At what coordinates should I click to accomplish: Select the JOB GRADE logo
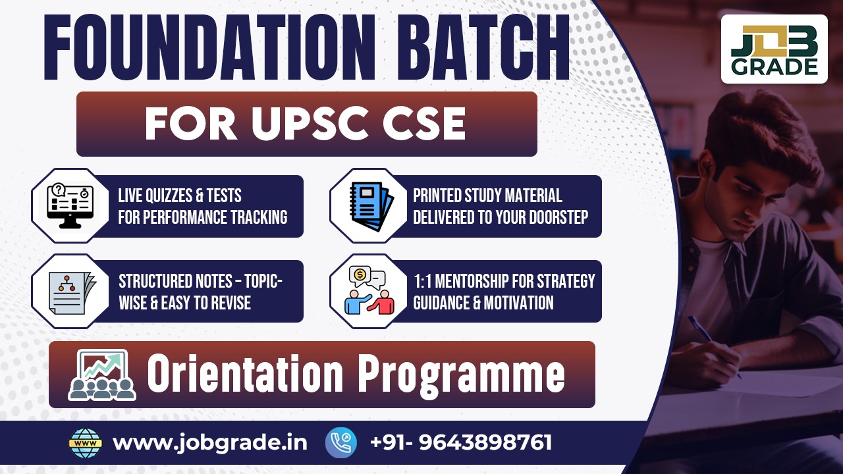pyautogui.click(x=774, y=49)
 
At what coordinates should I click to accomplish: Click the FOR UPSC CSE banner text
pyautogui.click(x=306, y=123)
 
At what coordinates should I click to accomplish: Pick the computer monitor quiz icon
pyautogui.click(x=70, y=205)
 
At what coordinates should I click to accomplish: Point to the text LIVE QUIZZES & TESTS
pyautogui.click(x=180, y=196)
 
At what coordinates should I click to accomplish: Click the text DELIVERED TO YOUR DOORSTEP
pyautogui.click(x=501, y=217)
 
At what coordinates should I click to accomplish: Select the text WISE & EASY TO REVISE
pyautogui.click(x=184, y=302)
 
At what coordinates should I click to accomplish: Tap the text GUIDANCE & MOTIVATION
pyautogui.click(x=483, y=302)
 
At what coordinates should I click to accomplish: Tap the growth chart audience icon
pyautogui.click(x=102, y=375)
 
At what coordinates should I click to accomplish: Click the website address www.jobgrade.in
pyautogui.click(x=209, y=442)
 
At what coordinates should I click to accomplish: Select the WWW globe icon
pyautogui.click(x=86, y=442)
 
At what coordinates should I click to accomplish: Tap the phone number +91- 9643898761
pyautogui.click(x=461, y=442)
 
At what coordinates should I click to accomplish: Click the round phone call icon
pyautogui.click(x=341, y=442)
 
